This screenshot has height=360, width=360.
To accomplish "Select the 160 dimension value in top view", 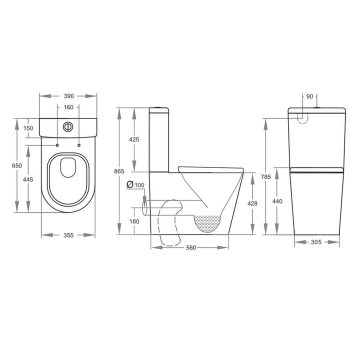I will (x=68, y=107).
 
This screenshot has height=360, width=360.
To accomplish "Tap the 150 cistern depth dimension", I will (x=28, y=128).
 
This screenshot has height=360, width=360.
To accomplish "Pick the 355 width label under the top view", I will (x=68, y=235).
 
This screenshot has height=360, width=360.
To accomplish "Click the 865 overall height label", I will (x=119, y=171).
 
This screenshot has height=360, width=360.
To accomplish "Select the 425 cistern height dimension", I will (x=134, y=139).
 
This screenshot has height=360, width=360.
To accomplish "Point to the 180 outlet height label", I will (x=134, y=221).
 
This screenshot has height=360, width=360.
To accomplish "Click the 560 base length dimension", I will (x=189, y=248).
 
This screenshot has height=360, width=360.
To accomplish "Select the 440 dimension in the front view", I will (x=277, y=201).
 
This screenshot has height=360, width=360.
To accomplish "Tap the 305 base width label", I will (x=316, y=242).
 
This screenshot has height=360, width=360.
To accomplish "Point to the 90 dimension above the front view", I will (x=309, y=96).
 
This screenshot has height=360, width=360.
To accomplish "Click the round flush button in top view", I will (x=68, y=126).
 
